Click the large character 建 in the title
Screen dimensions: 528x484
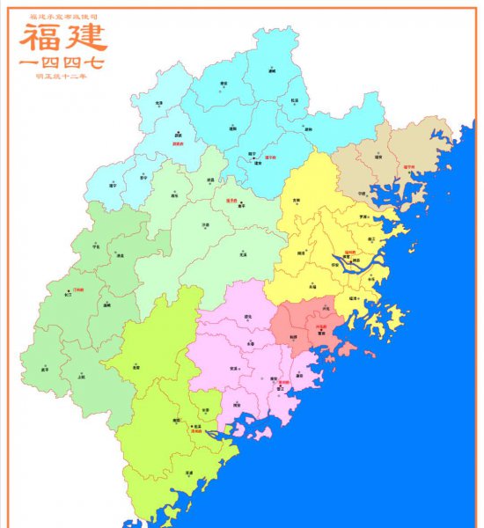click(85, 37)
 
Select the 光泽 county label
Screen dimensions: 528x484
click(159, 104)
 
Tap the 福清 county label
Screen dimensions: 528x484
click(353, 299)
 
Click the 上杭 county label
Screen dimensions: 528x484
click(82, 376)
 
